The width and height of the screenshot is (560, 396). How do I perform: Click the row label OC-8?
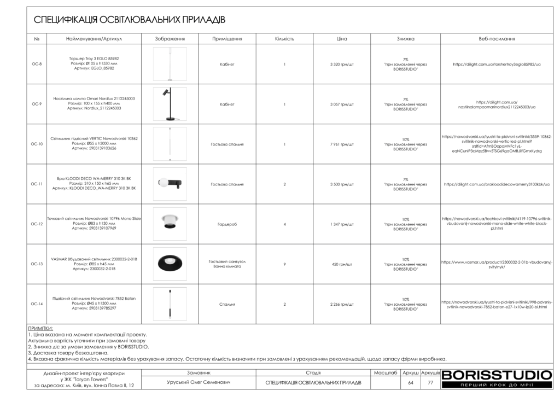[37, 64]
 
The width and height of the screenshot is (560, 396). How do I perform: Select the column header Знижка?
[405, 39]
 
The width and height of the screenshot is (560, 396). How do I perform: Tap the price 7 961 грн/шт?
[342, 144]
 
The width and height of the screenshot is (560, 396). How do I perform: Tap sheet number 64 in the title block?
[411, 382]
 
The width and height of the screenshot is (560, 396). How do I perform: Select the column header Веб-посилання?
[497, 39]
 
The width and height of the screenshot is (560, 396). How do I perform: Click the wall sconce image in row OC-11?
[170, 184]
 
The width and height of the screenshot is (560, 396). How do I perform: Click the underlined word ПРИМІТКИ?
[40, 329]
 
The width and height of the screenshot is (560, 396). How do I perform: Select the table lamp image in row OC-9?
[170, 104]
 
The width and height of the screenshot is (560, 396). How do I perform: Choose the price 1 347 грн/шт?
[342, 224]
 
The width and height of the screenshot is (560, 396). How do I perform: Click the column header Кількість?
[284, 39]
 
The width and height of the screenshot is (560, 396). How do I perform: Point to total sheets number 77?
[430, 382]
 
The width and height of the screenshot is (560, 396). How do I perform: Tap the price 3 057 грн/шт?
[342, 104]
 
